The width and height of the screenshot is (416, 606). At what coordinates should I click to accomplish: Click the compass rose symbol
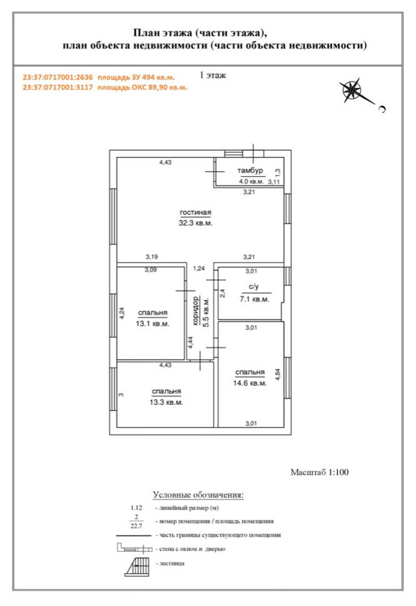[352, 91]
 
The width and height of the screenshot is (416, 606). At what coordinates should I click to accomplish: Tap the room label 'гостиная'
[196, 212]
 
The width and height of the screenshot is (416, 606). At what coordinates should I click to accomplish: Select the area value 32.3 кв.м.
[196, 223]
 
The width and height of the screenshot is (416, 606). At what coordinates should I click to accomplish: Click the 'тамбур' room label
[250, 171]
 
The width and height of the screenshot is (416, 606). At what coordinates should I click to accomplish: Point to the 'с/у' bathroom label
[253, 286]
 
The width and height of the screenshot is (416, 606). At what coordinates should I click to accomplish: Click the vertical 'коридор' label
[196, 311]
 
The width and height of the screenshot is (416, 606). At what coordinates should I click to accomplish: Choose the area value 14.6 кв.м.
[250, 384]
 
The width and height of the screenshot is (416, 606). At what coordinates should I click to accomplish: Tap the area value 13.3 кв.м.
[166, 402]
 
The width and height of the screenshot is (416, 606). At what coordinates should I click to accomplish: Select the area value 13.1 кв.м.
[153, 324]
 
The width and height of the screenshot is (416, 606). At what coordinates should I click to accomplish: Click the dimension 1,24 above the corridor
[199, 268]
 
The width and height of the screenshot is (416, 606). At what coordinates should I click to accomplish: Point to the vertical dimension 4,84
[278, 375]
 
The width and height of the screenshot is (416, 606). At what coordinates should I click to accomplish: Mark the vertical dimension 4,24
[122, 313]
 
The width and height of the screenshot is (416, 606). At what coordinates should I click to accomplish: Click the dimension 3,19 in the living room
[151, 257]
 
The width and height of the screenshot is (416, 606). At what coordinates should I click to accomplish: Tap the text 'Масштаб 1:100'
[319, 472]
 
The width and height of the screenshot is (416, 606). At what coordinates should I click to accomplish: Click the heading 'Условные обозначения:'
[198, 495]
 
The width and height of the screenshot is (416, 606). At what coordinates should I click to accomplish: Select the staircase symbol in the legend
[137, 567]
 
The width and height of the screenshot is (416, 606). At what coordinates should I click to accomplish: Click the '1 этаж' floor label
[212, 75]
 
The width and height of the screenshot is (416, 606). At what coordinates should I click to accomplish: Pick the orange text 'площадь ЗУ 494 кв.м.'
[136, 77]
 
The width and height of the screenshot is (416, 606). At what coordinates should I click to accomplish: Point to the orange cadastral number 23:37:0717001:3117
[58, 87]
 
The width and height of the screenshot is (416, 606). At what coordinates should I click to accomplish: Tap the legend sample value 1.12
[136, 508]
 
